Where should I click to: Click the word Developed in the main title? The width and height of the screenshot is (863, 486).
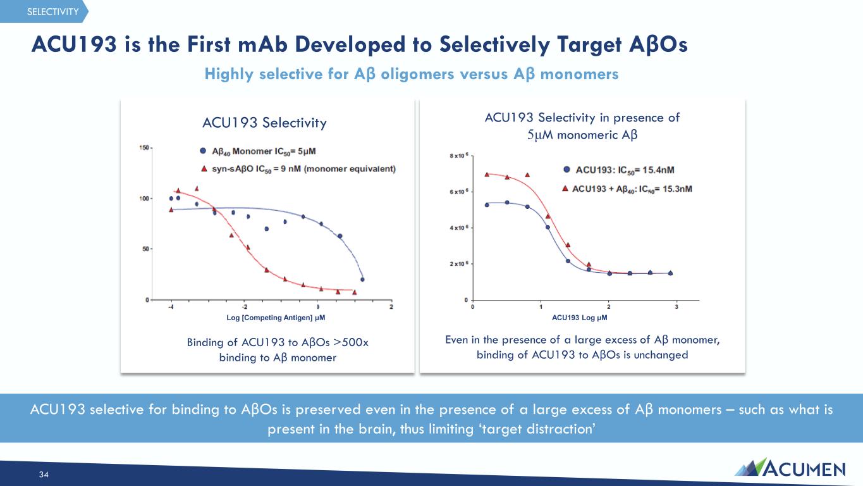click(x=350, y=44)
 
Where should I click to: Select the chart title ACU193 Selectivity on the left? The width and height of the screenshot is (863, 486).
click(x=264, y=123)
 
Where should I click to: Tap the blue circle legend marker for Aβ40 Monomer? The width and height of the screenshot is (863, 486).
click(x=203, y=151)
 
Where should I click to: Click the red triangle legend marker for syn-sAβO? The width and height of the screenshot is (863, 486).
click(x=204, y=168)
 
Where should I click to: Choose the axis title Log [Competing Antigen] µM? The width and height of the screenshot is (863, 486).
click(x=276, y=318)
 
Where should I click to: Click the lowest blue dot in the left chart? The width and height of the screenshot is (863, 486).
click(x=362, y=280)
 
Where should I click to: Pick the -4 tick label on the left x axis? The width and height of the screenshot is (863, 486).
click(x=171, y=307)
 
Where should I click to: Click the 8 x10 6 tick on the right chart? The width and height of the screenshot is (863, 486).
click(x=459, y=156)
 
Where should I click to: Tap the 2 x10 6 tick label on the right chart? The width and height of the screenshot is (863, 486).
click(x=459, y=264)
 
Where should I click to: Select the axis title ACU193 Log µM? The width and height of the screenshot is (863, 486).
click(x=579, y=318)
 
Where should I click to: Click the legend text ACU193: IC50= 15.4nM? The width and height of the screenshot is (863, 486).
click(x=625, y=170)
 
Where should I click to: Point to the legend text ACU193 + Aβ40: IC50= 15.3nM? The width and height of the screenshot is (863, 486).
click(x=632, y=189)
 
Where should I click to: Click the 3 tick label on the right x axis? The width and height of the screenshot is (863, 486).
click(x=676, y=307)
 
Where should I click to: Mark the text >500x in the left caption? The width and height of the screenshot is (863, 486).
click(x=351, y=342)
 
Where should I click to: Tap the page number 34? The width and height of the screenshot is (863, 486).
click(x=44, y=475)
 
